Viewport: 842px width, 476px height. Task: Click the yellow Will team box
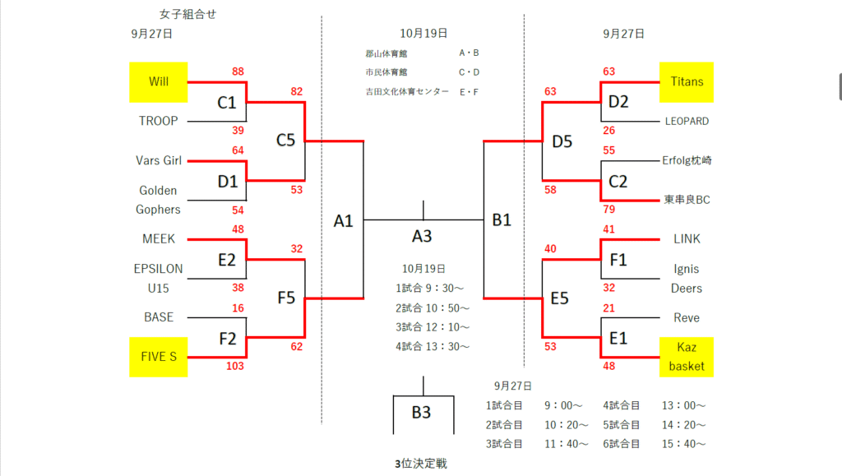(x=159, y=82)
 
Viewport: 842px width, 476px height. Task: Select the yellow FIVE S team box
(x=159, y=357)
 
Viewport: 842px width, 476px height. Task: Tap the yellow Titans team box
(x=687, y=82)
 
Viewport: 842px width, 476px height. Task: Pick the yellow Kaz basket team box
(x=687, y=357)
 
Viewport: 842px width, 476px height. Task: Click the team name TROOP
(x=159, y=121)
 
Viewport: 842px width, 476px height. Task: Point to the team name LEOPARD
(x=687, y=121)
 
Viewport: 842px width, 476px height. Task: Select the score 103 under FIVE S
(x=235, y=366)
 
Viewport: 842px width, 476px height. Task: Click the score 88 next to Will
(x=238, y=72)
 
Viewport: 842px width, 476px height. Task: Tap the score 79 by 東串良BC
(x=609, y=210)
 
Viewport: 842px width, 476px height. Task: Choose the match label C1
(x=226, y=103)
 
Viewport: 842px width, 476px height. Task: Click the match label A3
(x=422, y=237)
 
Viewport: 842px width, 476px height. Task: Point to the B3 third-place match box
(x=422, y=413)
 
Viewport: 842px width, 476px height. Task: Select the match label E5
(x=560, y=298)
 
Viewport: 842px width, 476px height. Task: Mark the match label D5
(x=562, y=141)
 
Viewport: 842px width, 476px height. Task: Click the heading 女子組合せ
(x=187, y=14)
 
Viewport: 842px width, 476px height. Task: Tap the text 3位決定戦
(x=421, y=464)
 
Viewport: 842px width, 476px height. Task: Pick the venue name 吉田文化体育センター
(x=407, y=91)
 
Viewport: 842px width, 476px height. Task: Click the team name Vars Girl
(x=159, y=160)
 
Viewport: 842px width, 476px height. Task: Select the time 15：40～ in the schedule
(x=683, y=444)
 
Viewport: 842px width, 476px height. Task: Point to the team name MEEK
(x=159, y=239)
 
